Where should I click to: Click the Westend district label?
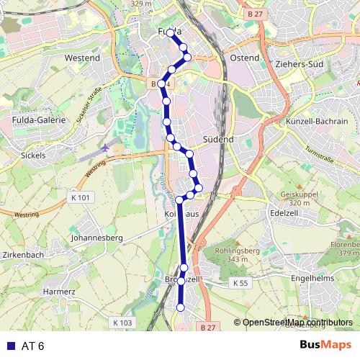[x=81, y=57]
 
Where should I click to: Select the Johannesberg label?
[x=97, y=237]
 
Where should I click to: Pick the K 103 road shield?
[x=123, y=323]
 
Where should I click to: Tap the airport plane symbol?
[x=107, y=148]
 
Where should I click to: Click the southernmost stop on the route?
[x=181, y=307]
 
